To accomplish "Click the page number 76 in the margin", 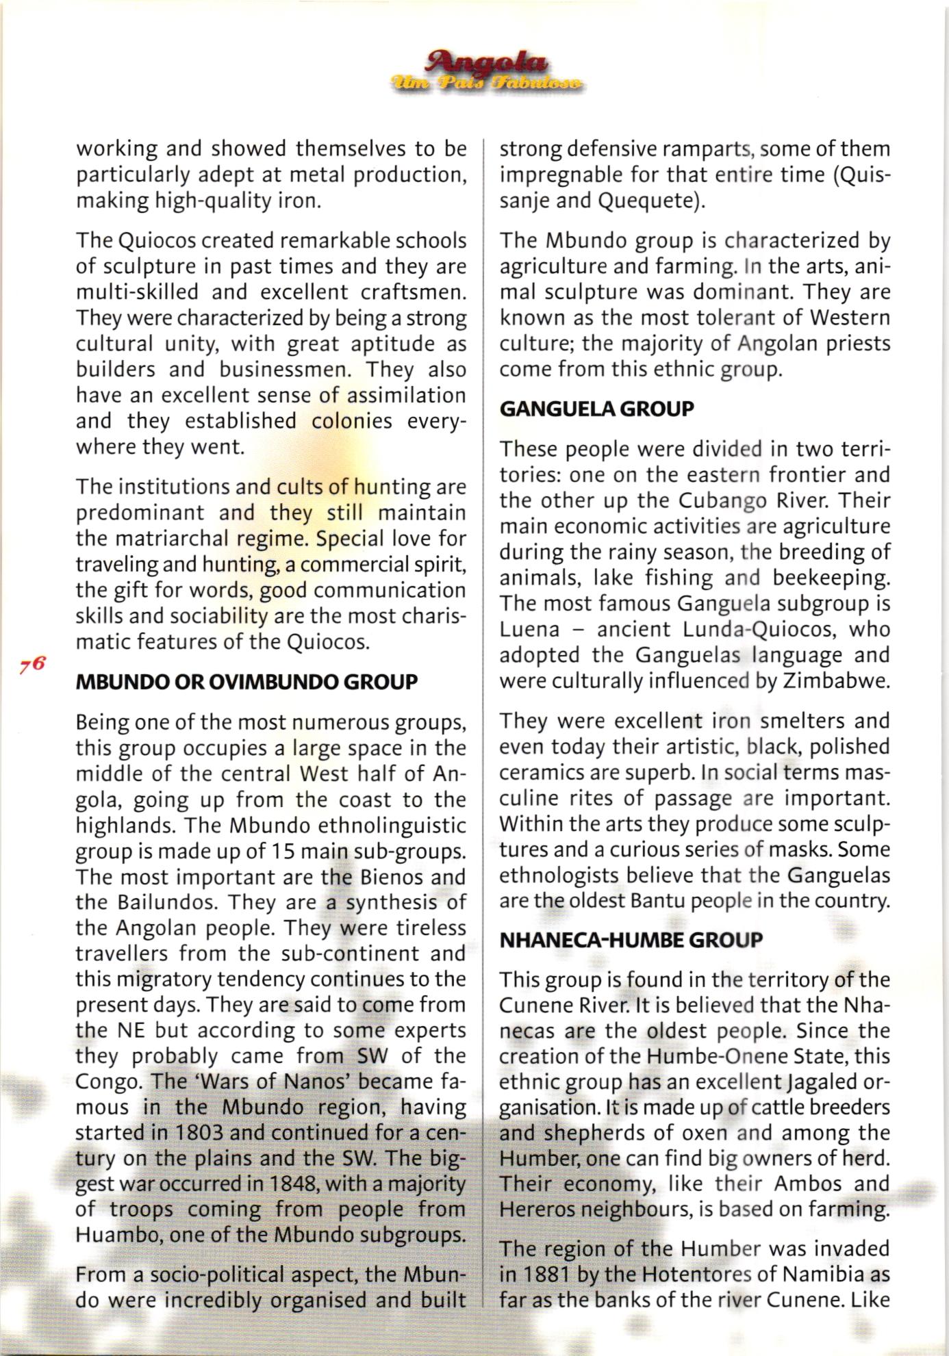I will click(x=32, y=664).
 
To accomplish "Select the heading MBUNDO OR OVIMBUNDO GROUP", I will click(x=246, y=682).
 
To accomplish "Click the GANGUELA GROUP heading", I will click(x=596, y=409).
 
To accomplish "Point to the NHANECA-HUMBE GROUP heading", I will click(x=631, y=940).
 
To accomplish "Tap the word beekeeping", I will click(x=831, y=578).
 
